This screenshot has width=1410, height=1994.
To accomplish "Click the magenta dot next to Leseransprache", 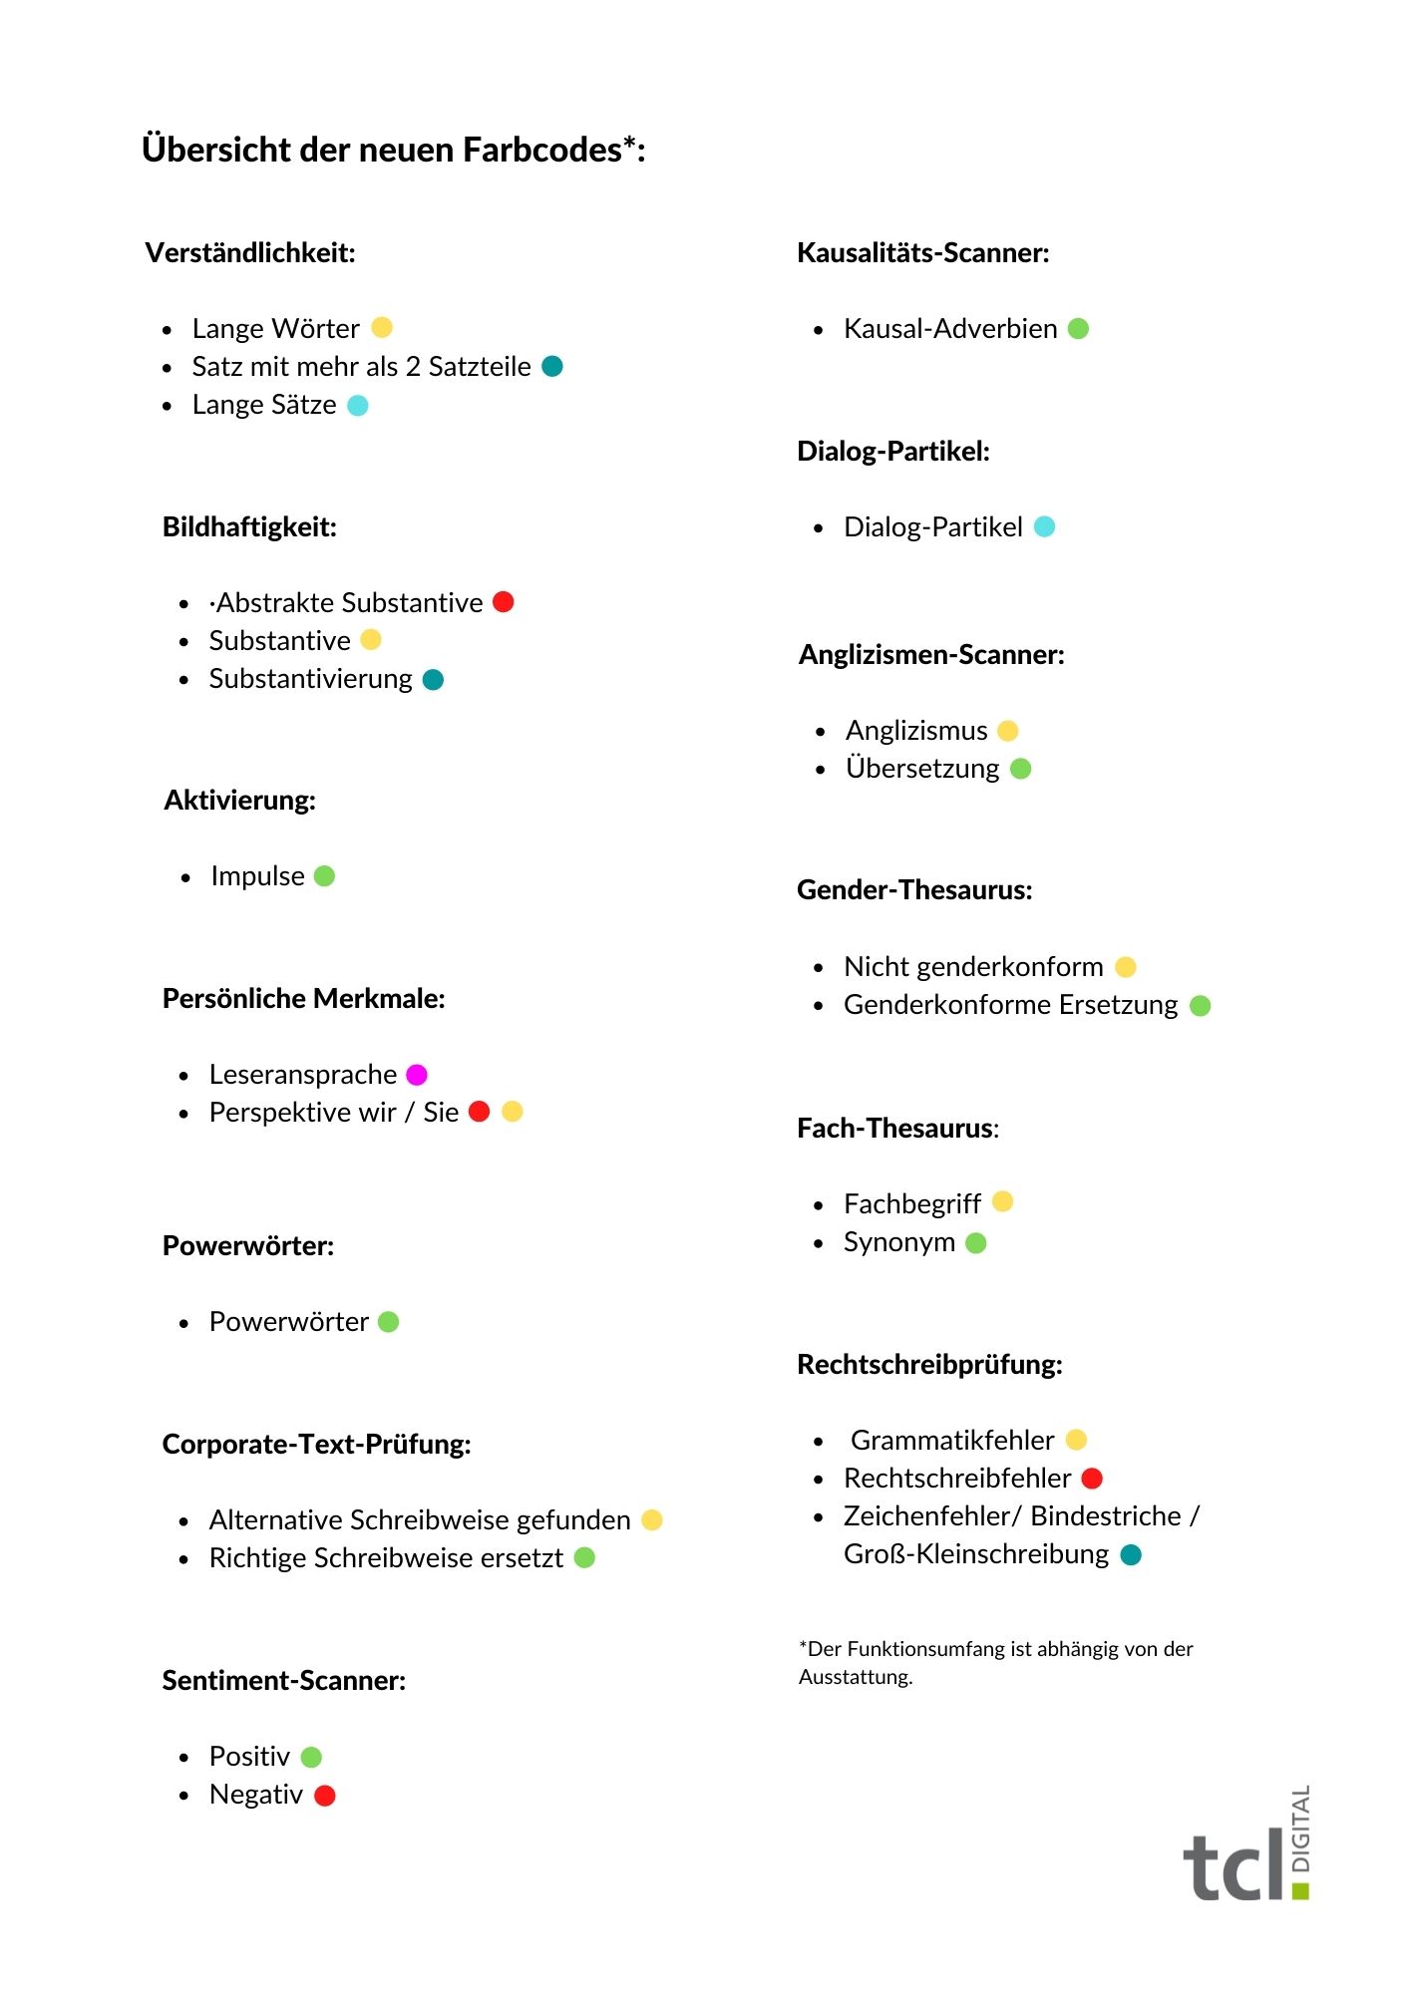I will (417, 1075).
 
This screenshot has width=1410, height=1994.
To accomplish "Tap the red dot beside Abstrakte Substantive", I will (504, 602).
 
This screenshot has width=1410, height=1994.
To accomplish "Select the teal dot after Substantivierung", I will (433, 680).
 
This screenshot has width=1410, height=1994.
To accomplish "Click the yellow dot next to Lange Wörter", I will (382, 328).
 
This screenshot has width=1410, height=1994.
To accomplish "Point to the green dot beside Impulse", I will (324, 876).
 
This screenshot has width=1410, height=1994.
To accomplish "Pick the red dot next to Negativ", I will (324, 1796).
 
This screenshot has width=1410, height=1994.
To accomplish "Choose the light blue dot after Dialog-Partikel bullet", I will (1044, 526).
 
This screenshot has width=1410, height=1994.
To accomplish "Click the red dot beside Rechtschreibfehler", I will (1092, 1479).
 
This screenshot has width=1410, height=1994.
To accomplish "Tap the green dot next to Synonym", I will (976, 1243).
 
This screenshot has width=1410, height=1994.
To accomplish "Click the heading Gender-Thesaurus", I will (914, 890).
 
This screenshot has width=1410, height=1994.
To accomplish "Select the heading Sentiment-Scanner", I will (284, 1681).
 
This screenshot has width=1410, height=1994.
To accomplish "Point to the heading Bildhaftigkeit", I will (249, 527).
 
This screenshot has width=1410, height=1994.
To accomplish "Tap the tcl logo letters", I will (1234, 1864).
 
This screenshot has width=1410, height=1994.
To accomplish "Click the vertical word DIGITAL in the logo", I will (1301, 1829).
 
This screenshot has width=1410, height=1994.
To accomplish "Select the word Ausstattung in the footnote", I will (856, 1677).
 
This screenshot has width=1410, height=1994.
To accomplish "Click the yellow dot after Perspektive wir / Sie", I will (513, 1112).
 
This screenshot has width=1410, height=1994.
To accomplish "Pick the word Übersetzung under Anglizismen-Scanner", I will (922, 769).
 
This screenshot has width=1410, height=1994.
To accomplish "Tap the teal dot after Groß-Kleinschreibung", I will (1131, 1555).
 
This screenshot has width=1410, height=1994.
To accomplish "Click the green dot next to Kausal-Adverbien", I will (1078, 329).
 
